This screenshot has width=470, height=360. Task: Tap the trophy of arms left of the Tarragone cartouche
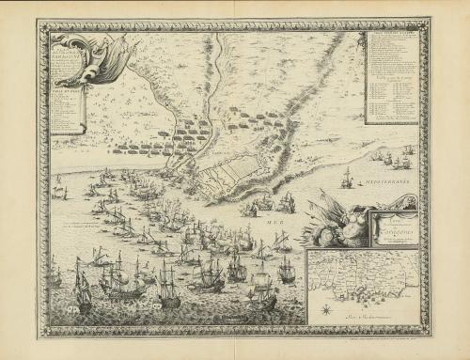pyautogui.click(x=335, y=222)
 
